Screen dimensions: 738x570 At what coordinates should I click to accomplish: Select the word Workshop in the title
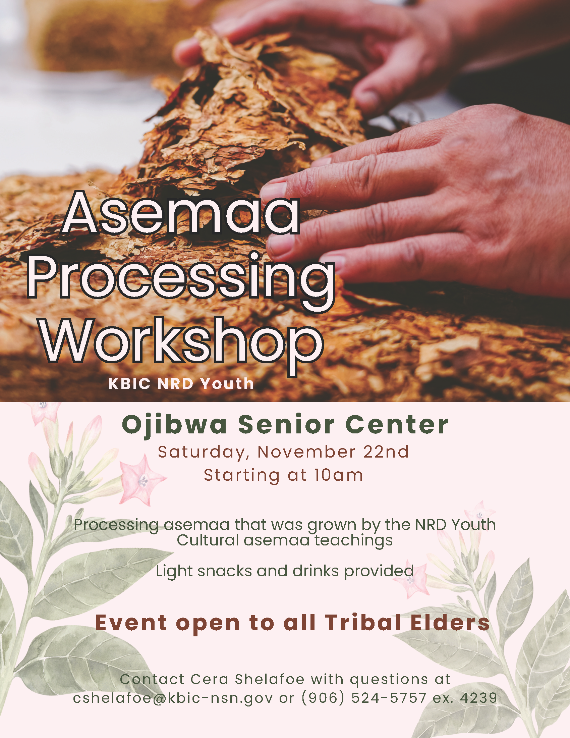click(x=182, y=341)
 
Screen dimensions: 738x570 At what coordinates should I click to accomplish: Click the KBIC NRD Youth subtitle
click(x=181, y=384)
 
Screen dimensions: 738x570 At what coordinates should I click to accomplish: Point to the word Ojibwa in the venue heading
click(x=174, y=425)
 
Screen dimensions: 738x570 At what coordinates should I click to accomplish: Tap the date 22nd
click(x=386, y=452)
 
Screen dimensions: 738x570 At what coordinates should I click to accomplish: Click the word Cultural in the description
click(x=208, y=540)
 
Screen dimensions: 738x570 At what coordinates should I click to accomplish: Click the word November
click(x=306, y=452)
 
